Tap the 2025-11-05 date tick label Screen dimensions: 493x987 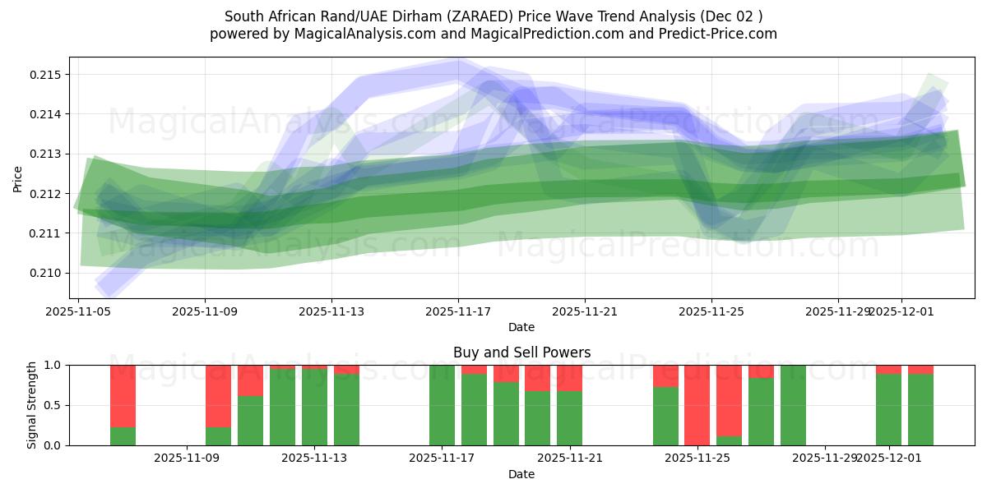tap(78, 312)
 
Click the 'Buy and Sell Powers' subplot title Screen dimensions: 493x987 tap(521, 352)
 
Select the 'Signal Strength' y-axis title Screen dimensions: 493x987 tap(32, 405)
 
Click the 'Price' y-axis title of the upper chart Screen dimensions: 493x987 tap(18, 177)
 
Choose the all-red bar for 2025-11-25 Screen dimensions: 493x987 tap(697, 405)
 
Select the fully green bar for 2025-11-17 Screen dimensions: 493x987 tap(442, 405)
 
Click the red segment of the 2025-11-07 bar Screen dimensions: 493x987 tap(123, 394)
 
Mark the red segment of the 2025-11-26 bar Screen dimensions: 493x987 tap(729, 399)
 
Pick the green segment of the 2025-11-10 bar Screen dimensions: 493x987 tap(219, 436)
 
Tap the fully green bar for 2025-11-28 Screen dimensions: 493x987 tap(793, 405)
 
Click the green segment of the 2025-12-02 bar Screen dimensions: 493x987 tap(920, 410)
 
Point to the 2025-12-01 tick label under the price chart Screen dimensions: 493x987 tap(901, 312)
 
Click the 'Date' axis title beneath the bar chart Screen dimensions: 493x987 tap(521, 474)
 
